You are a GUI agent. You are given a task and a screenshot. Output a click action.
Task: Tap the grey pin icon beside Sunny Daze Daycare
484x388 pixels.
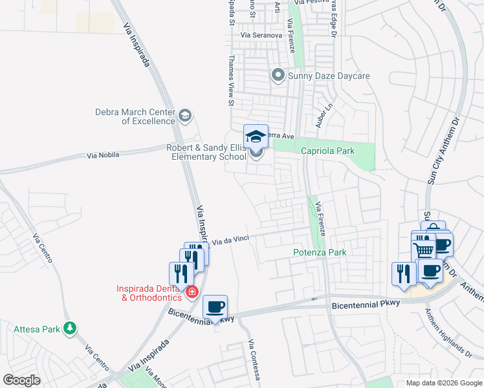(x=278, y=76)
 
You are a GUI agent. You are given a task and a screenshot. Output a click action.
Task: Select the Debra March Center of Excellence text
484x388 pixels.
(x=135, y=116)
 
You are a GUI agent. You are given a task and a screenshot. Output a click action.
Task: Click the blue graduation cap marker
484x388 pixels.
(x=256, y=136)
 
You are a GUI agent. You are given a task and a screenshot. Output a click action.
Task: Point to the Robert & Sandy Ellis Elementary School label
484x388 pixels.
(x=206, y=152)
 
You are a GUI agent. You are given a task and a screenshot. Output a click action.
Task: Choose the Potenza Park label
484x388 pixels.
(x=320, y=252)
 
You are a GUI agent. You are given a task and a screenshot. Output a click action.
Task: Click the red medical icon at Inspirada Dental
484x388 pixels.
(x=192, y=293)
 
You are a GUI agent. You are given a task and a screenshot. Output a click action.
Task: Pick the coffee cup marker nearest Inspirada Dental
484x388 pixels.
(x=215, y=307)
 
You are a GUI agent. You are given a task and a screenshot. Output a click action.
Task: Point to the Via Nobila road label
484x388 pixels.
(x=105, y=156)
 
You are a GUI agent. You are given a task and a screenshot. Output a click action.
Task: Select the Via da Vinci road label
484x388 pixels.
(x=232, y=240)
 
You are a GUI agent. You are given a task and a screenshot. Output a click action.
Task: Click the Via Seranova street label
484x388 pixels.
(x=261, y=35)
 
